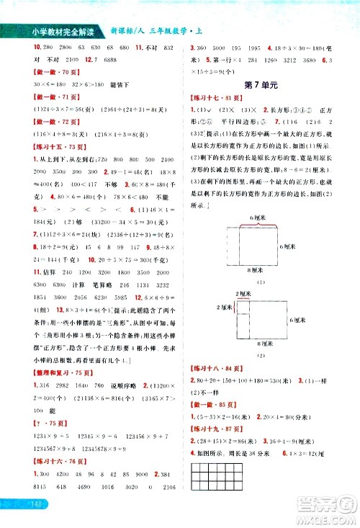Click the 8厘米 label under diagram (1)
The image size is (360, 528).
(x=256, y=270)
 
